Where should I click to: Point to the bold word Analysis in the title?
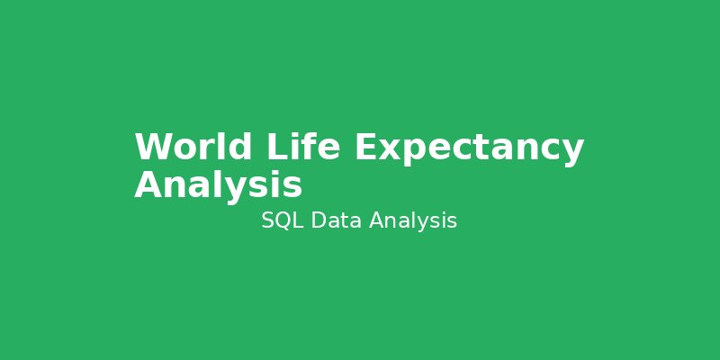tap(218, 185)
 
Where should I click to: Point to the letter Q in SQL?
tap(283, 220)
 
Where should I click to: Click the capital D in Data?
tap(318, 220)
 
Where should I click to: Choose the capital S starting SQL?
tap(267, 220)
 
